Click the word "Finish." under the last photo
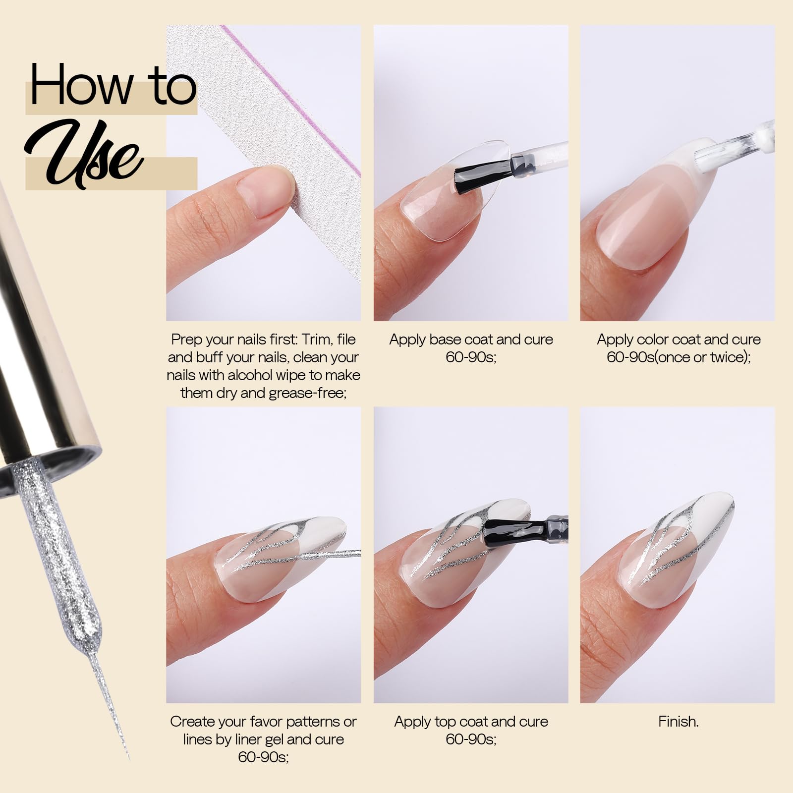click(678, 722)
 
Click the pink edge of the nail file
click(292, 99)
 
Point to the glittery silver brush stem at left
click(64, 545)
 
